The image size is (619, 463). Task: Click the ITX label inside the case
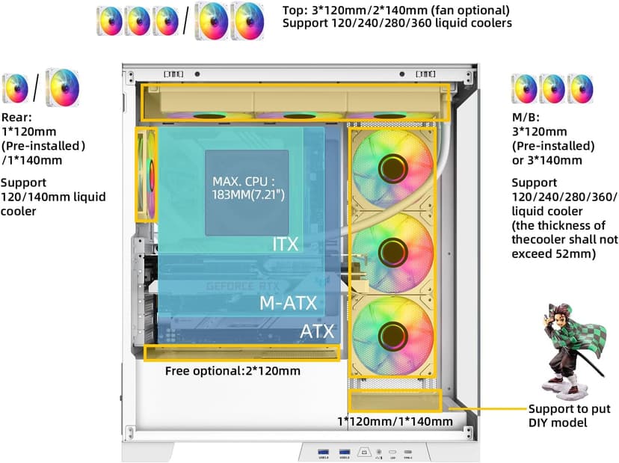pos(286,244)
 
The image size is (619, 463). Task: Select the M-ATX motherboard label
pos(288,303)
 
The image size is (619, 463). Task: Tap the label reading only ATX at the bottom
pos(317,331)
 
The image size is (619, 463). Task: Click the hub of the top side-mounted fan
pos(392,168)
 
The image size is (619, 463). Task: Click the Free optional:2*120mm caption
pos(232,371)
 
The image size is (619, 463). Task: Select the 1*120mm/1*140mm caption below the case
pos(394,421)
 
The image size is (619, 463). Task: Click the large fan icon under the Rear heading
pos(63,87)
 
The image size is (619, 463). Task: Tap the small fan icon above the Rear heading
pos(15,88)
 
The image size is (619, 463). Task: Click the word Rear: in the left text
pos(16,117)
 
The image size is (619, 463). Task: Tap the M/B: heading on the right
pos(524,117)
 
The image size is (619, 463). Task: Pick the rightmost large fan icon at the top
pos(247,20)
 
